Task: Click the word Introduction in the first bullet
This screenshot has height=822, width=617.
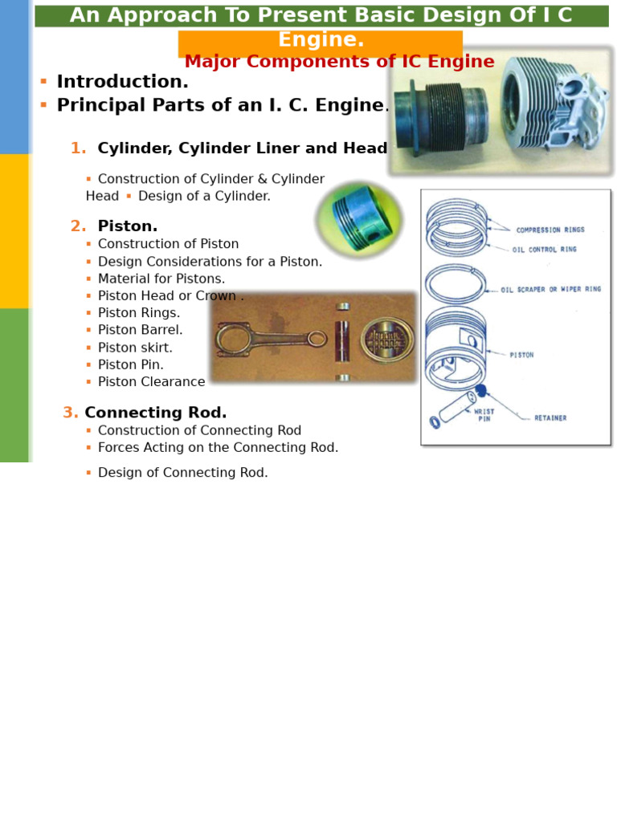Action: click(x=122, y=83)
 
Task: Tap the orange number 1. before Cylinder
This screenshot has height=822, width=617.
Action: click(x=78, y=149)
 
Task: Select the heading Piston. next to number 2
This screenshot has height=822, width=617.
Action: click(x=128, y=227)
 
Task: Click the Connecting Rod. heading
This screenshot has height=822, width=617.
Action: click(x=156, y=413)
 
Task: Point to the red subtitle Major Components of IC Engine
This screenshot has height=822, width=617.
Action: click(x=339, y=63)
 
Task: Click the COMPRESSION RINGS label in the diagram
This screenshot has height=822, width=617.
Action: click(x=550, y=230)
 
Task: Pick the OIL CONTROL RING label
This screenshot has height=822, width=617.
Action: click(x=544, y=250)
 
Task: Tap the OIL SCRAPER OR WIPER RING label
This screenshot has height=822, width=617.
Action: click(x=550, y=290)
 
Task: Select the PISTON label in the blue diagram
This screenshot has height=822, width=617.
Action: click(x=521, y=355)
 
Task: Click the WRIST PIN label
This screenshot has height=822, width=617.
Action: click(x=484, y=415)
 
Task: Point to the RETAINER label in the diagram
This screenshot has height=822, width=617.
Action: click(x=550, y=418)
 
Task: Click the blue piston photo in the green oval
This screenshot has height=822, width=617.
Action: click(x=359, y=218)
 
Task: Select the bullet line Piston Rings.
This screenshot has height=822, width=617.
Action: click(x=139, y=313)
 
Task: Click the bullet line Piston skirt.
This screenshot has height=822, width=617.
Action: click(x=135, y=348)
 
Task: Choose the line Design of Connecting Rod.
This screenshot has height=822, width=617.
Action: click(x=183, y=474)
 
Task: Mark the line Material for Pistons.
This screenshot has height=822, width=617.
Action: click(x=161, y=279)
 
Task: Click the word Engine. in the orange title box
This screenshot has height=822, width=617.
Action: click(x=321, y=41)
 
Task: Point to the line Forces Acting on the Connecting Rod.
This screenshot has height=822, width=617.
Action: click(x=218, y=448)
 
